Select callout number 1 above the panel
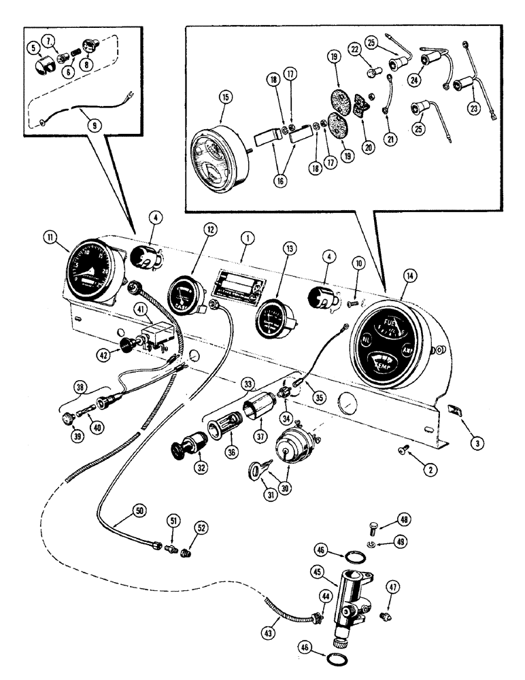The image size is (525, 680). click(248, 239)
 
